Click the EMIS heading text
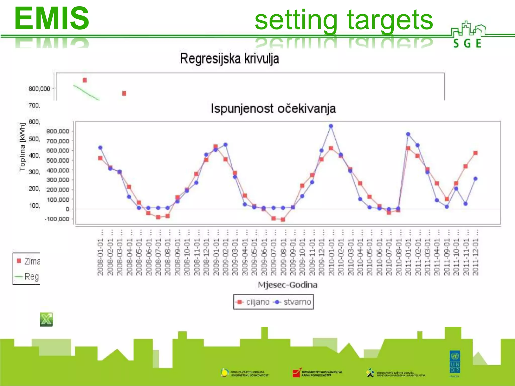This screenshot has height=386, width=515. (x=52, y=18)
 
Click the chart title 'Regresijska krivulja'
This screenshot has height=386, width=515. (x=229, y=59)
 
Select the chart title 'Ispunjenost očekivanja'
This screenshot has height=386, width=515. (x=273, y=109)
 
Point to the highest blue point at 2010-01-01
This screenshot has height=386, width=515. (x=331, y=126)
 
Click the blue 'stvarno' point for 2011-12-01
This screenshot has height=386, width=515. (x=475, y=179)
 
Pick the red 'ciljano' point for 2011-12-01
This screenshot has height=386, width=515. (x=475, y=153)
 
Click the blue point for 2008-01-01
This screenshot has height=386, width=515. (x=100, y=148)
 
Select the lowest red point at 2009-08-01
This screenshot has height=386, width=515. (x=283, y=220)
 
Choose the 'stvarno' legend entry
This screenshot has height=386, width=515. (x=293, y=302)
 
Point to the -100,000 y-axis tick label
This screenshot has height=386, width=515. (x=57, y=219)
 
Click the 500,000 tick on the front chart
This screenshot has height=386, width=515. (x=58, y=161)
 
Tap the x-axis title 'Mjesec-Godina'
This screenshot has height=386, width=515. (x=288, y=285)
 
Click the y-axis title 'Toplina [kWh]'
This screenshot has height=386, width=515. (x=22, y=147)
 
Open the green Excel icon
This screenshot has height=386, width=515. (x=47, y=319)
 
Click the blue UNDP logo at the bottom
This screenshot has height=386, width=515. (x=455, y=362)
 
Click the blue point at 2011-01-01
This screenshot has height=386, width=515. (x=408, y=134)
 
